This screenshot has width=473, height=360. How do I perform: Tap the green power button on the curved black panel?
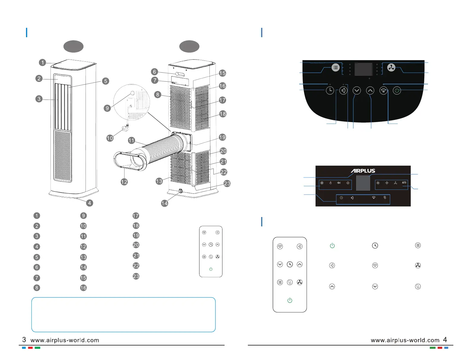pyautogui.click(x=397, y=90)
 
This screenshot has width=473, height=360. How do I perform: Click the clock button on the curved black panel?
pyautogui.click(x=330, y=90)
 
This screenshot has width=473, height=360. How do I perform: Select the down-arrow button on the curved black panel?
pyautogui.click(x=357, y=90)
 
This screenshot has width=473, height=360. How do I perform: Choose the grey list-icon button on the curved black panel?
pyautogui.click(x=335, y=68)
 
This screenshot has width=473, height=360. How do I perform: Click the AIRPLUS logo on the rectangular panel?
pyautogui.click(x=363, y=171)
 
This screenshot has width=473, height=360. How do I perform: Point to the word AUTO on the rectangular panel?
pyautogui.click(x=404, y=183)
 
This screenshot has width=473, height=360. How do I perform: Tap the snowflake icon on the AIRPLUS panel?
pyautogui.click(x=322, y=183)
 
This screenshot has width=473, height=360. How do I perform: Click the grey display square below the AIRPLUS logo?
pyautogui.click(x=363, y=183)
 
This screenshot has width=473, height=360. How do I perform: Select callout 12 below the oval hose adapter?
pyautogui.click(x=124, y=182)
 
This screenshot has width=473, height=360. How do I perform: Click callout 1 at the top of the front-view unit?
pyautogui.click(x=42, y=63)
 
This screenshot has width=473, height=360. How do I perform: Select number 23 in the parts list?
pyautogui.click(x=136, y=276)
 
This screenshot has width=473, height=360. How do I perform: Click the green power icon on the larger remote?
pyautogui.click(x=290, y=300)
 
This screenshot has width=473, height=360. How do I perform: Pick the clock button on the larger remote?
pyautogui.click(x=290, y=264)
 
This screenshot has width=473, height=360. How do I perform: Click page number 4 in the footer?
pyautogui.click(x=445, y=340)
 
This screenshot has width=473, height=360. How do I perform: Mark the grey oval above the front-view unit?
pyautogui.click(x=73, y=46)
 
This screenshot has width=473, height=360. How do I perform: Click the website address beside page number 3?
pyautogui.click(x=65, y=340)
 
